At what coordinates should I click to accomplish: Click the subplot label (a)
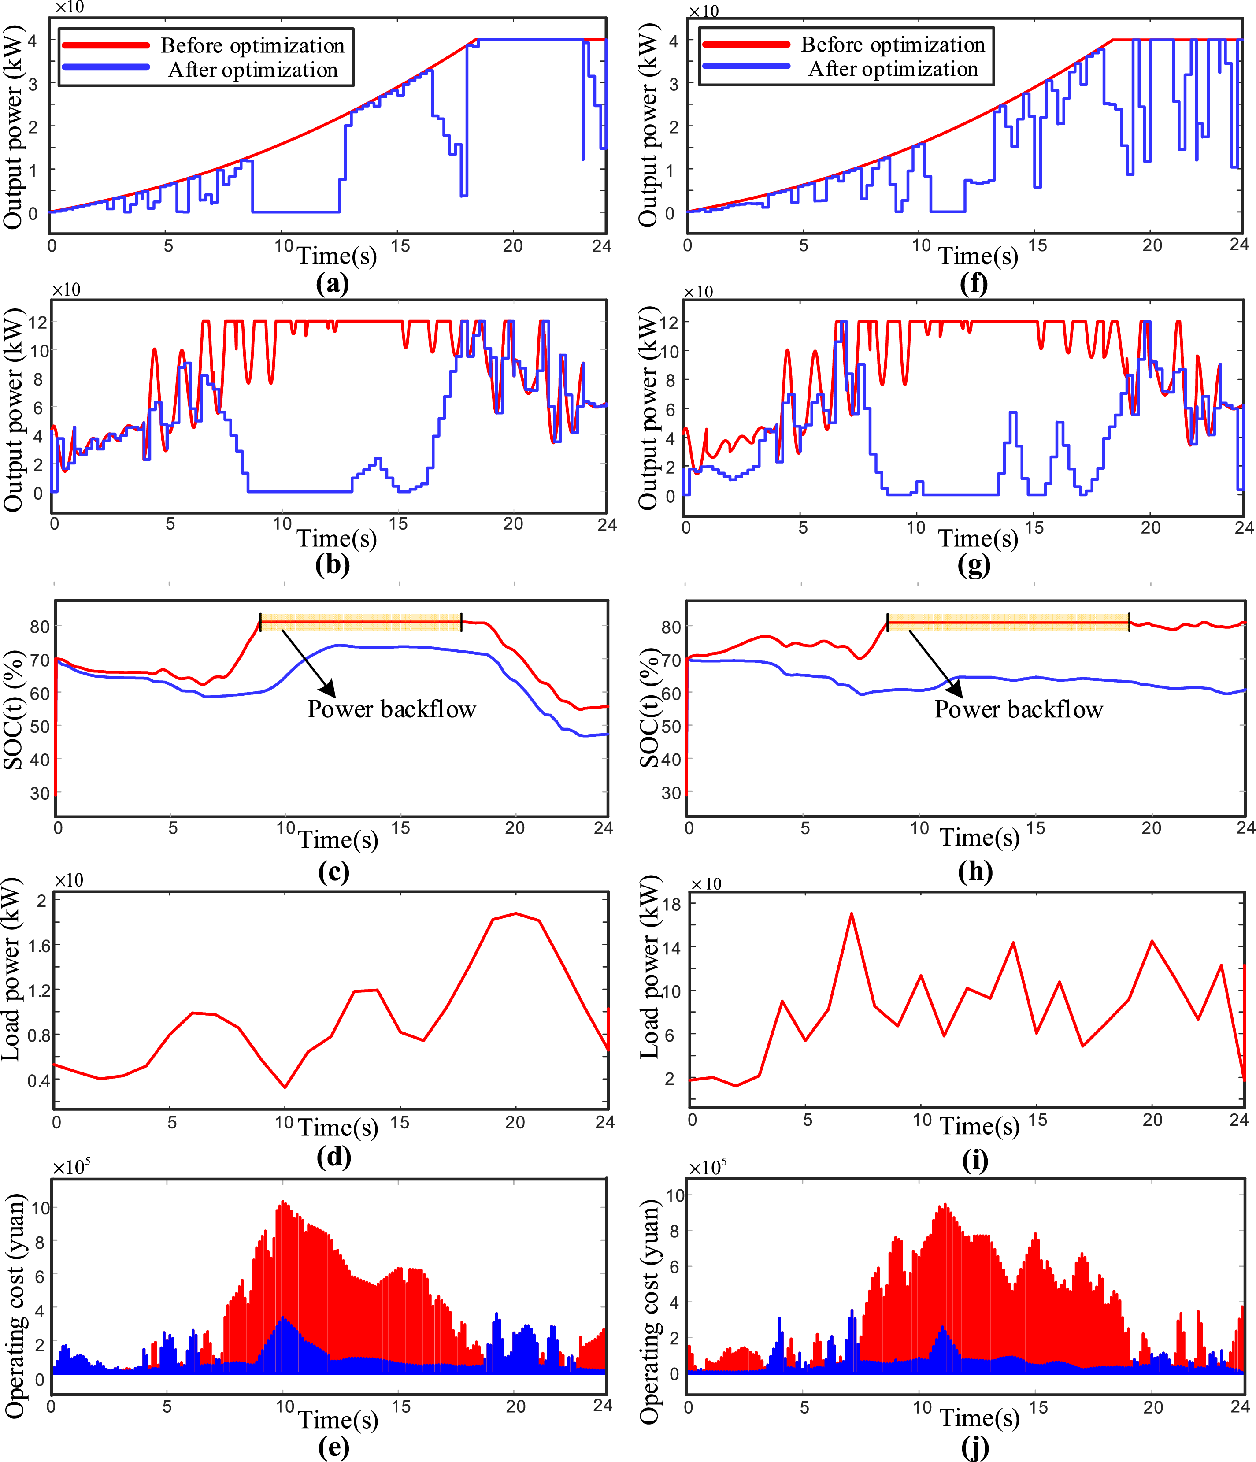point(332,284)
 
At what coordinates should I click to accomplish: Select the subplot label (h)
point(975,872)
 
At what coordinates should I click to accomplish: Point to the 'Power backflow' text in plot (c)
point(392,709)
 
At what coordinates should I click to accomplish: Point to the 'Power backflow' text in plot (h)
point(1018,709)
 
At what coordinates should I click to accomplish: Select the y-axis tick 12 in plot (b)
point(38,322)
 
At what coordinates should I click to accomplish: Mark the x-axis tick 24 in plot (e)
point(602,1406)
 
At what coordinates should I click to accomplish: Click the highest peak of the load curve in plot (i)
point(851,914)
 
